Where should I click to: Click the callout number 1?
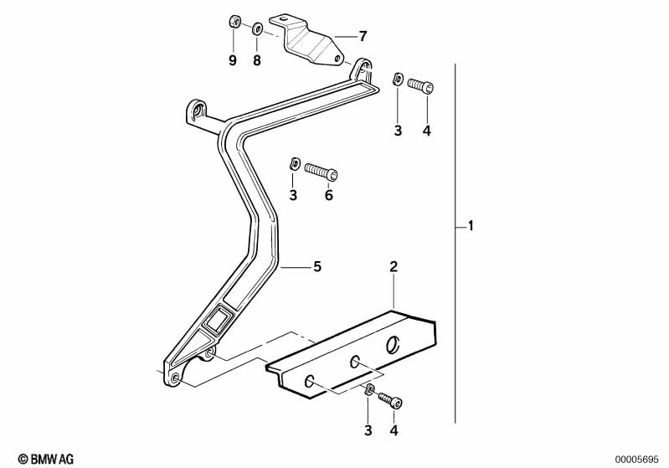tap(471, 226)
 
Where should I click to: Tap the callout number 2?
tap(394, 267)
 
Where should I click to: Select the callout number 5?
tap(316, 267)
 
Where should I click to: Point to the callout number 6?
tap(329, 195)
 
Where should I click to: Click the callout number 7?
tap(363, 36)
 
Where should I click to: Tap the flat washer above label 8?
tap(257, 30)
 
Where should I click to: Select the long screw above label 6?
tap(322, 171)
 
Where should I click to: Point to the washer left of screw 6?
tap(293, 163)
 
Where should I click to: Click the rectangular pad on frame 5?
tap(219, 320)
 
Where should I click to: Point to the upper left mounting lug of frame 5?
tap(197, 112)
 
